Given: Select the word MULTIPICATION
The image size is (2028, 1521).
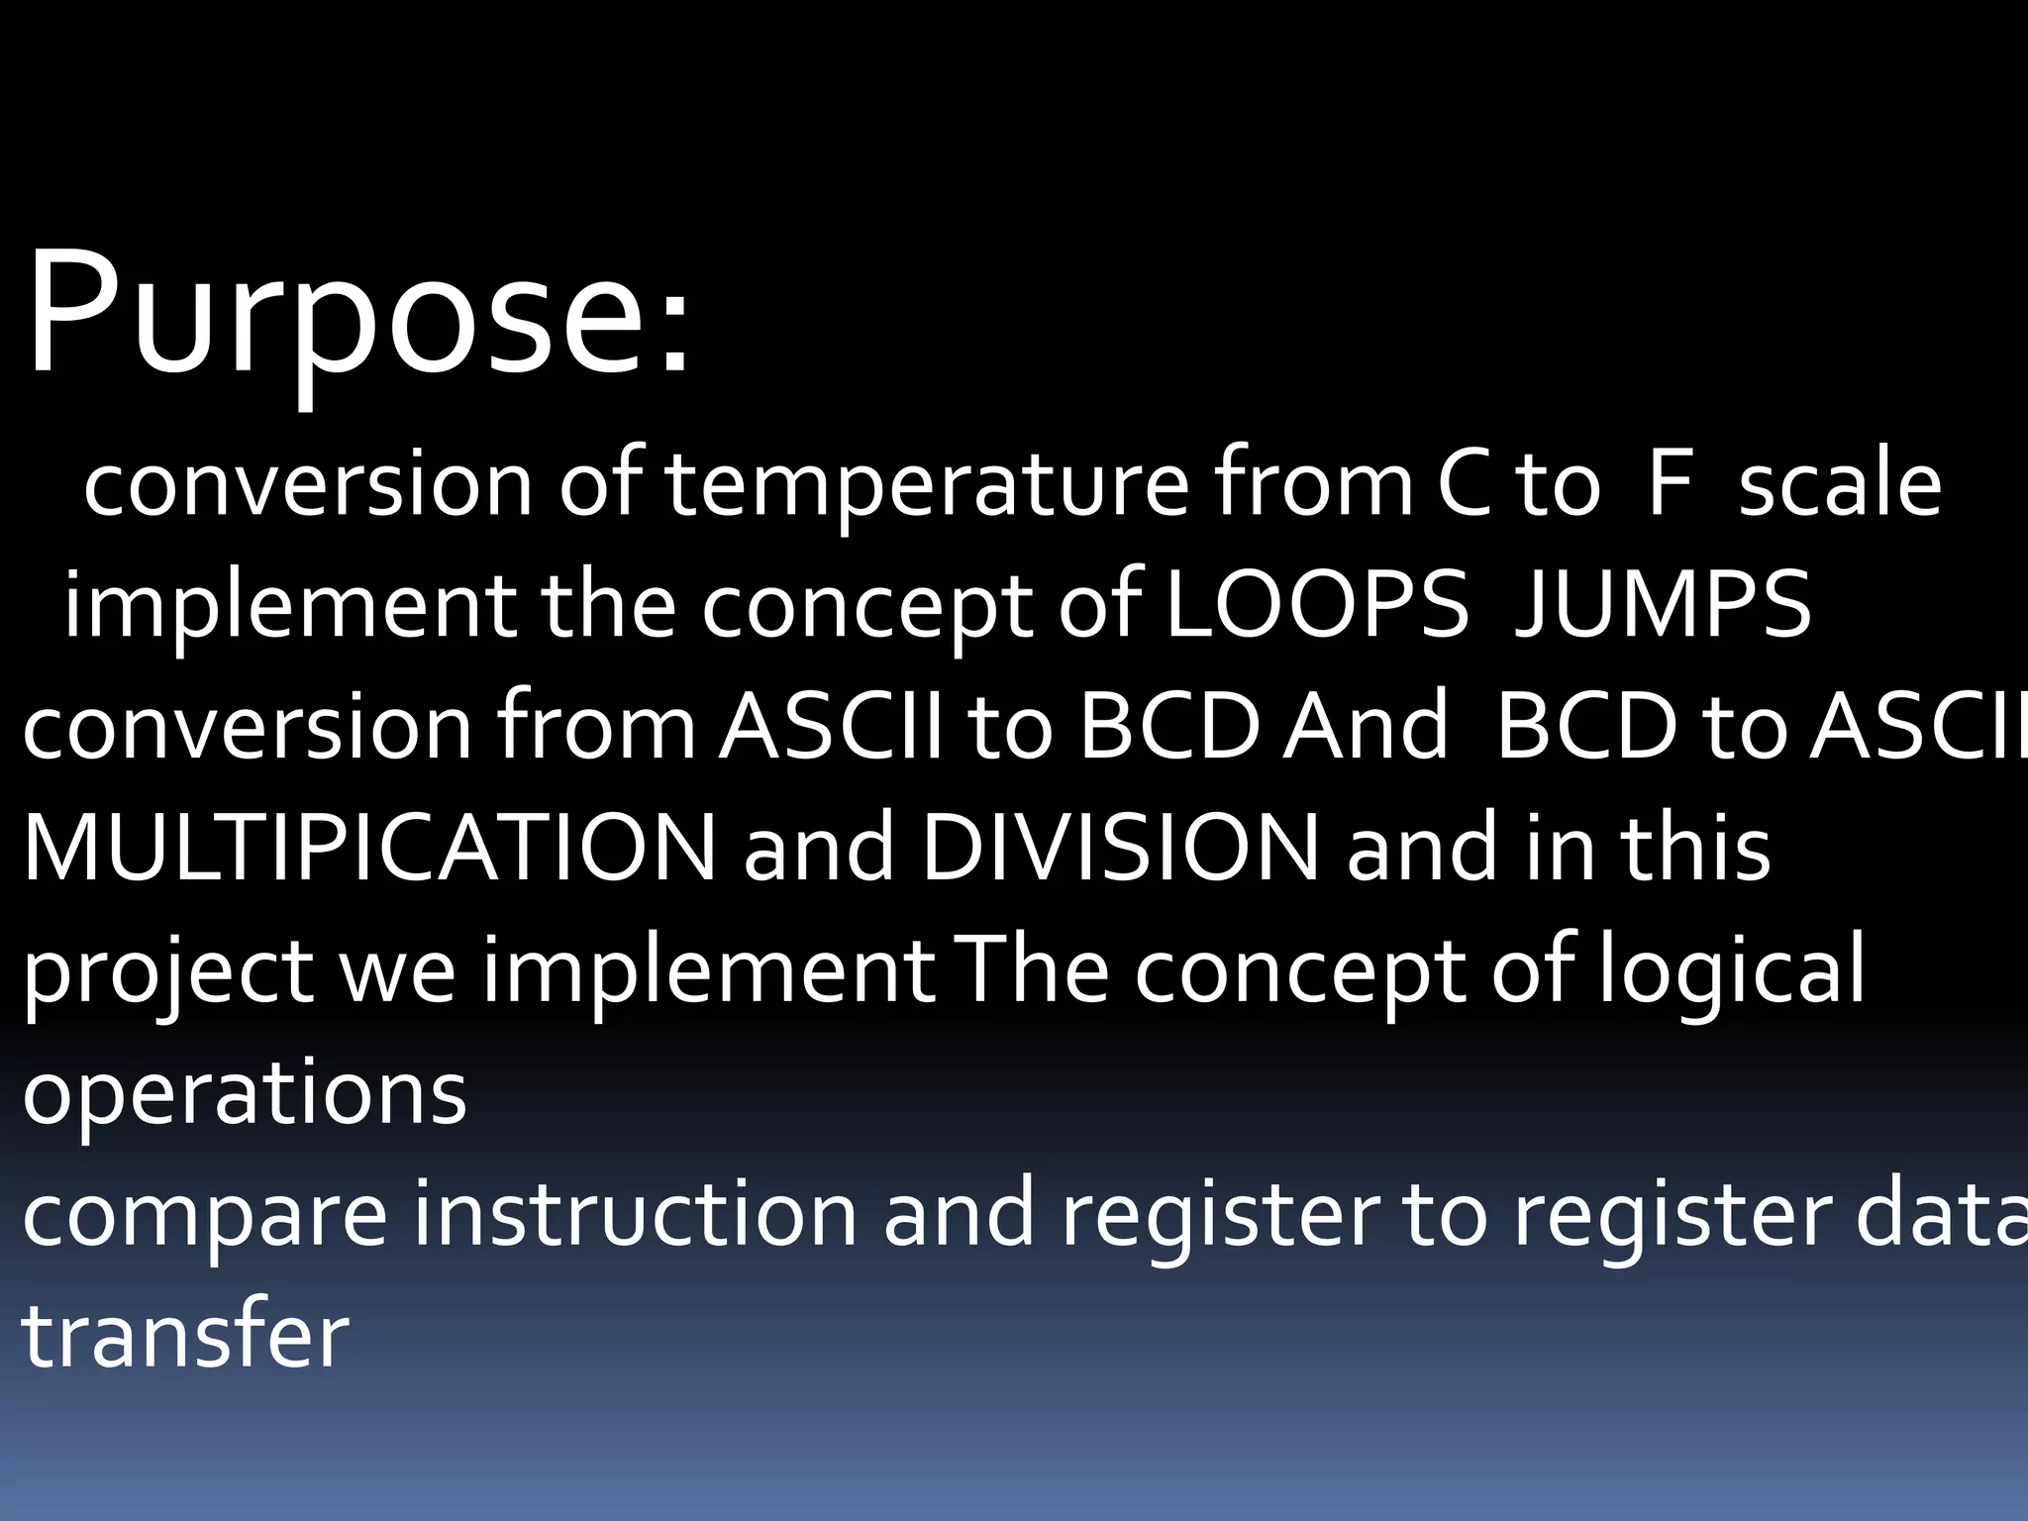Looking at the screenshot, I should pos(368,850).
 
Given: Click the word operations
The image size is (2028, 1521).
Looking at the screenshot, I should pos(244,1097).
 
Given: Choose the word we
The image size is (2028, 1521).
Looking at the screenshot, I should pos(398,975).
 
